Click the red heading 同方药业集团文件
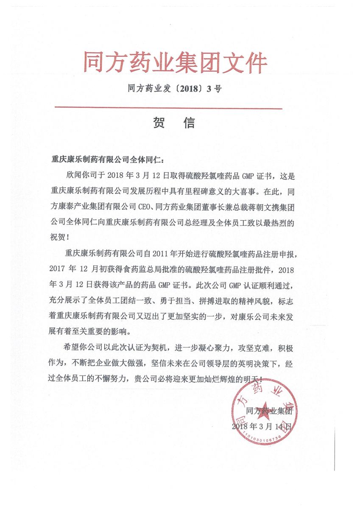175,63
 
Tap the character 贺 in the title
159,123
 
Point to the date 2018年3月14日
262,426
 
